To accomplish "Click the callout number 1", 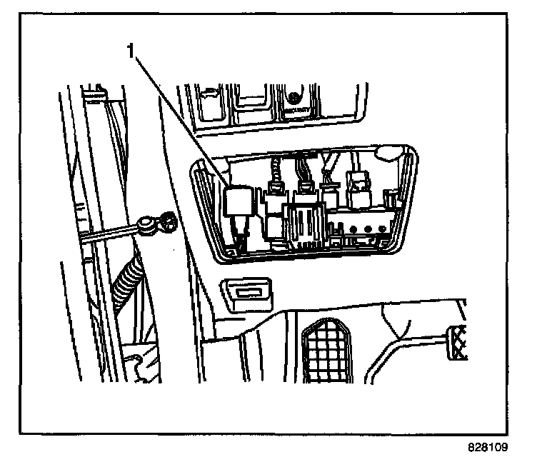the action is point(130,51).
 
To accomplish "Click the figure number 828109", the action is point(488,448).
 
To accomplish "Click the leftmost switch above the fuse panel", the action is point(211,102).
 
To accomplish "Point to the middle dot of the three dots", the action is point(367,229).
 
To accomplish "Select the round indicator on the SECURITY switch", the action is point(294,96).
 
